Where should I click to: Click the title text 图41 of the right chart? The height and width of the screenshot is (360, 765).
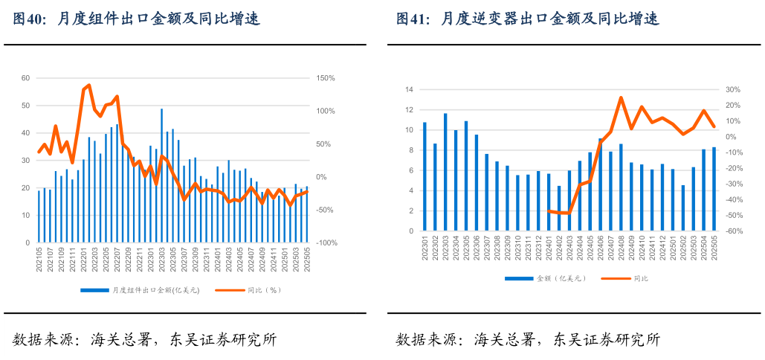[412, 19]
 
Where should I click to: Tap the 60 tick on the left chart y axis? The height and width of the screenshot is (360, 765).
[25, 78]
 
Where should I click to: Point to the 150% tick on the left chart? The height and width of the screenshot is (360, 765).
[326, 78]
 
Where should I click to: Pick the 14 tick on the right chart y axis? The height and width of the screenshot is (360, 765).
[408, 90]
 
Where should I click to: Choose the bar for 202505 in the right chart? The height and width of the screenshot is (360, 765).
[714, 189]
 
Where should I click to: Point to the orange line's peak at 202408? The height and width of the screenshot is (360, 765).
[621, 97]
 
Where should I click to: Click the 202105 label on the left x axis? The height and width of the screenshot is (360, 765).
[39, 260]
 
